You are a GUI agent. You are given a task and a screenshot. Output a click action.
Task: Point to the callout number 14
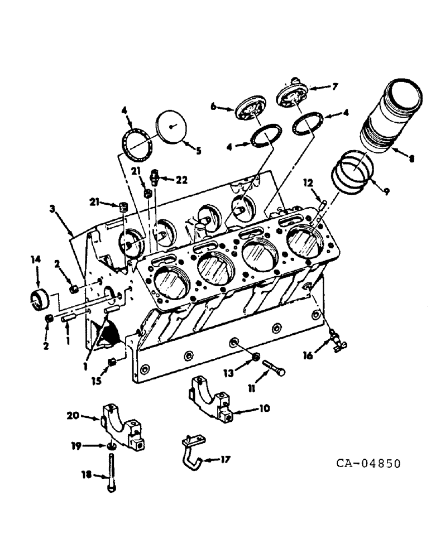tap(36, 259)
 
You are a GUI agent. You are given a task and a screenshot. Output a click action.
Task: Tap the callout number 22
tap(181, 180)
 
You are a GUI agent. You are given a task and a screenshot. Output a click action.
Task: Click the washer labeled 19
tap(111, 446)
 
